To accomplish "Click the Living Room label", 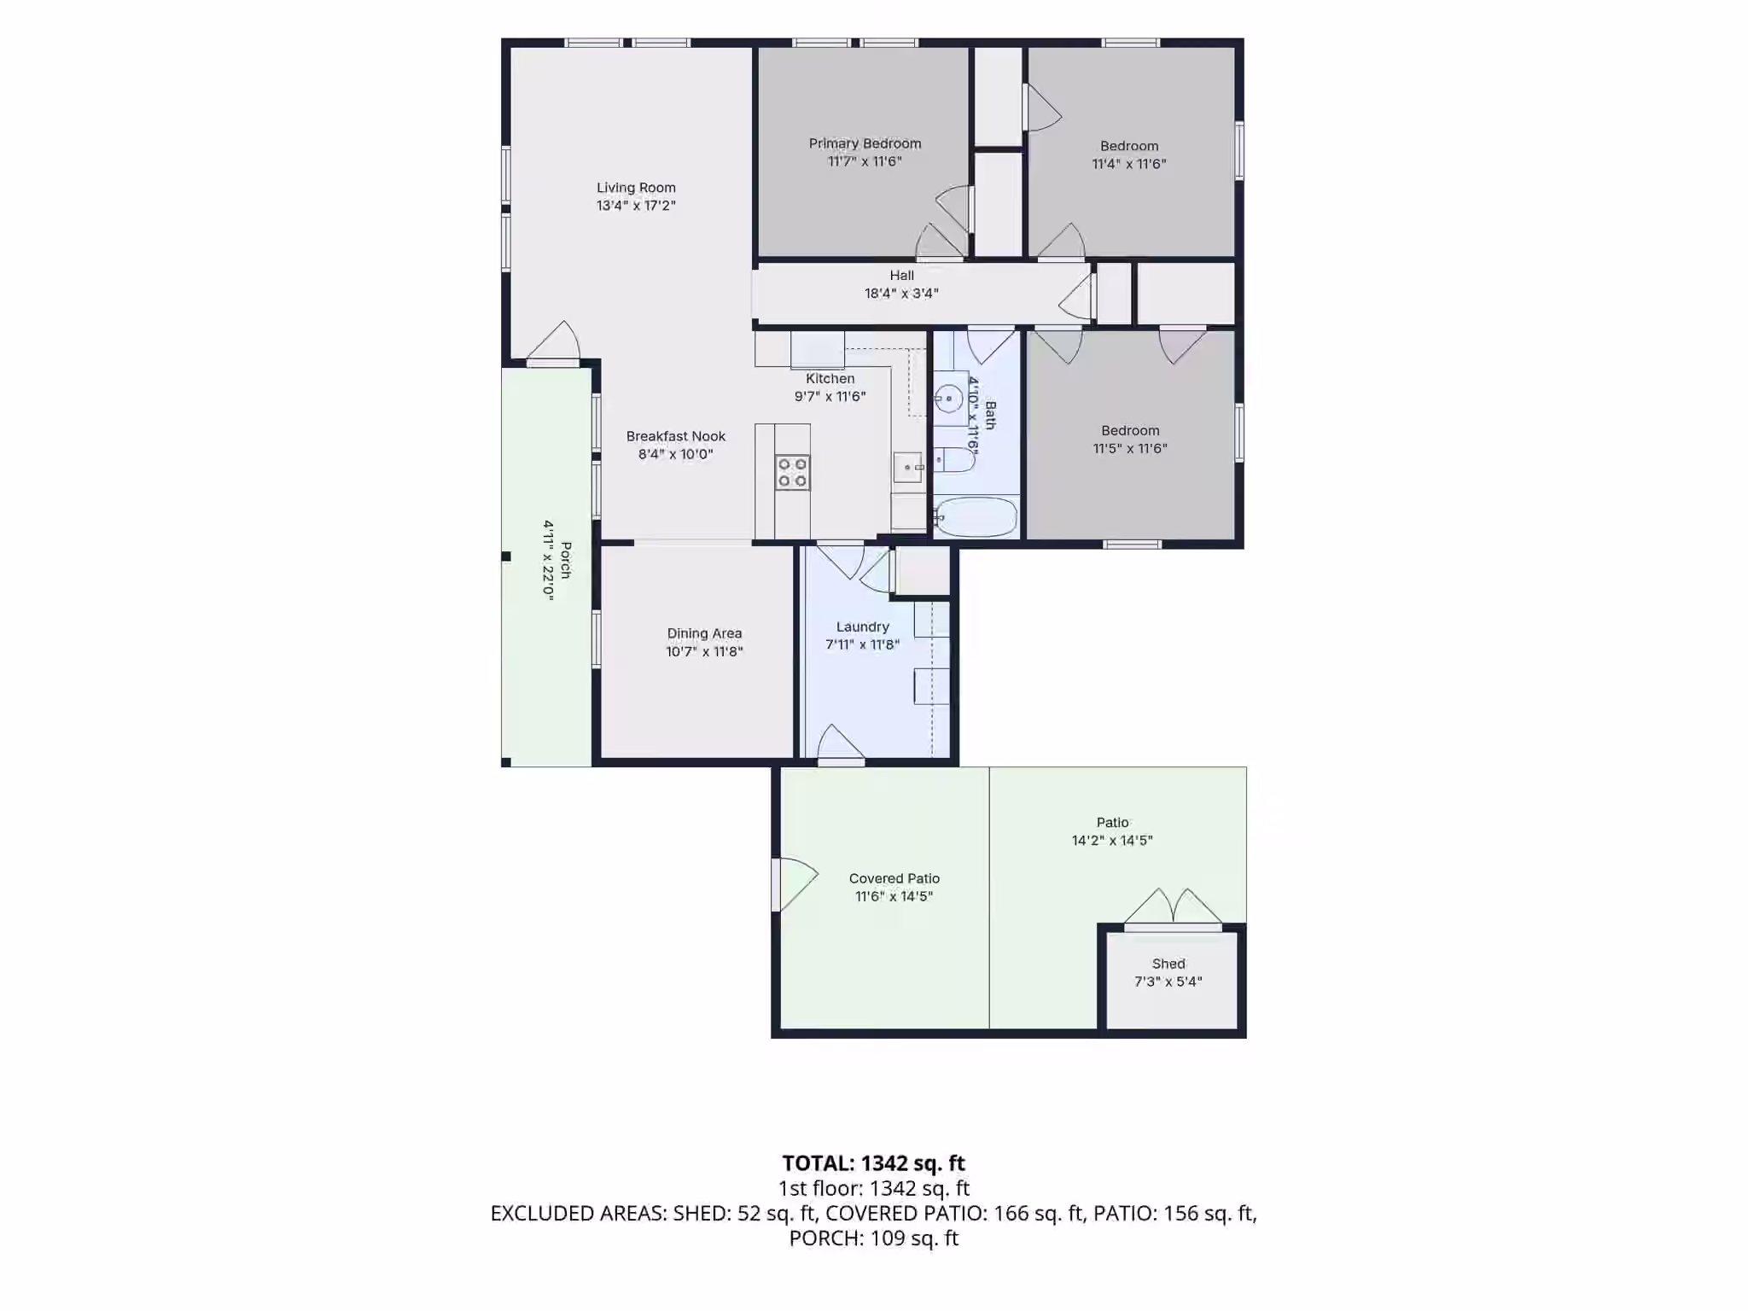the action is point(636,188).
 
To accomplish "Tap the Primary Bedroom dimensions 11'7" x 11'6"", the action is point(865,161).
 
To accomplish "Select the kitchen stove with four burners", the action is point(792,473).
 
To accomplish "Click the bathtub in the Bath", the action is point(976,516).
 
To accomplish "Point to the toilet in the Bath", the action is point(954,461).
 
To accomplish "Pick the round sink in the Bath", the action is point(948,398).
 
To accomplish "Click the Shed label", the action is point(1168,964).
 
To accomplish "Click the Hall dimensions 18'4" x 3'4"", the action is point(901,294).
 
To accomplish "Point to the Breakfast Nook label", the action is point(676,436).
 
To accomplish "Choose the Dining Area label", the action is point(704,633).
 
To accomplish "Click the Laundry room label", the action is point(863,626).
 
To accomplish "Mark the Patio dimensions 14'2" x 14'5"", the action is point(1112,841).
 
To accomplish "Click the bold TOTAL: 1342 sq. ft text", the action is point(873,1163).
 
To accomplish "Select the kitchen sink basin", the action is point(908,468).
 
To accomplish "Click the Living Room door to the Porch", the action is point(553,343).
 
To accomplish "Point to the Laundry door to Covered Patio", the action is point(841,743).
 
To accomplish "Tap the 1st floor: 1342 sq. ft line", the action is point(873,1188).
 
